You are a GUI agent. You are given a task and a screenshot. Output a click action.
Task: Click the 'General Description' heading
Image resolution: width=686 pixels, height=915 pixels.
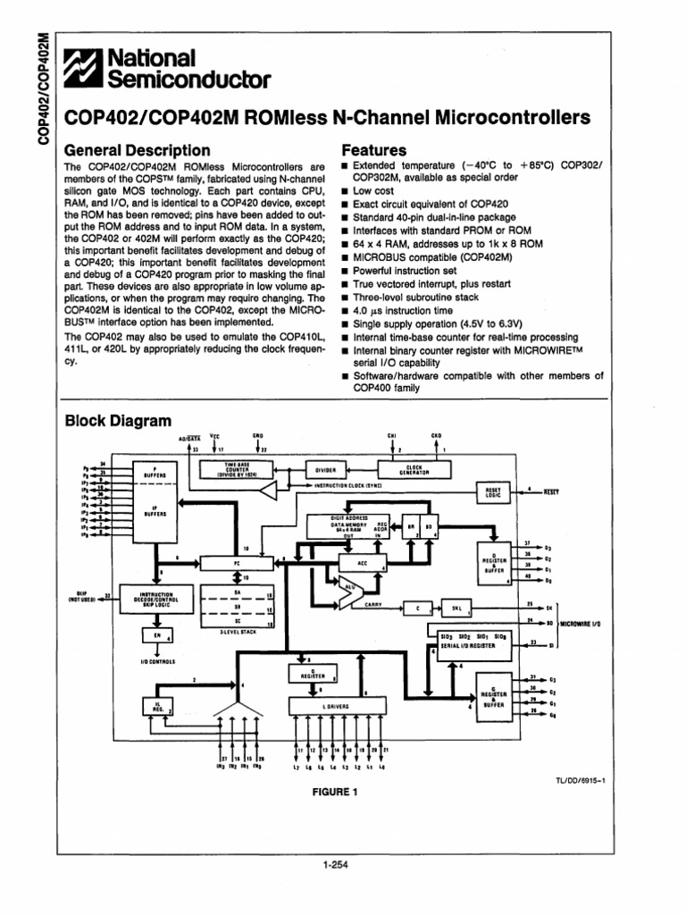point(138,150)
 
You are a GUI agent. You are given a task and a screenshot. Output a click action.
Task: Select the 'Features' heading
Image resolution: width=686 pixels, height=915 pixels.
point(373,150)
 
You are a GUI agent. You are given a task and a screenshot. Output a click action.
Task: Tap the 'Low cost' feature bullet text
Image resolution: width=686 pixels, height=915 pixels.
point(374,191)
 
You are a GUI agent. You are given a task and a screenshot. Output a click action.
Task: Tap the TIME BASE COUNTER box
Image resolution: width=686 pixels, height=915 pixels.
point(230,470)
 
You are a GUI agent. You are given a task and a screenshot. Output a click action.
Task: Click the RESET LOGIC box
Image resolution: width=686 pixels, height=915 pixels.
point(493,493)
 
